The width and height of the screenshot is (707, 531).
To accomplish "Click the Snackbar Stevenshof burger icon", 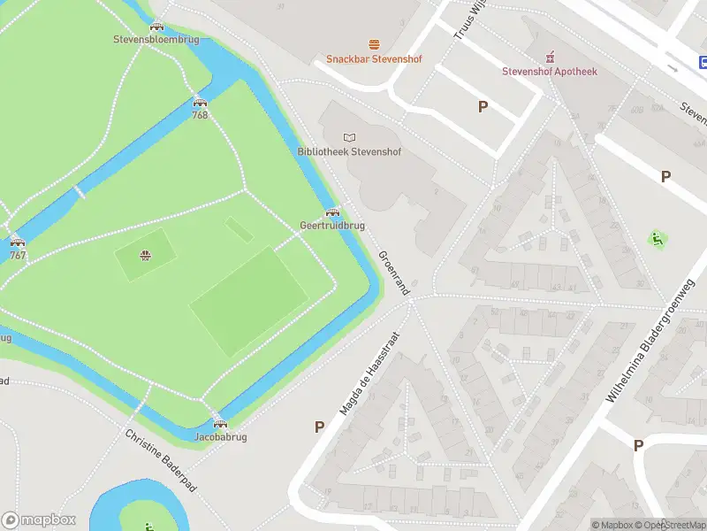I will click(x=374, y=44).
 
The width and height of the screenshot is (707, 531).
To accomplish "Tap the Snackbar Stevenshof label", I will click(x=374, y=59).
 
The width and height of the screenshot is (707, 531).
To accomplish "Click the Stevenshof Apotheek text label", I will click(x=550, y=71).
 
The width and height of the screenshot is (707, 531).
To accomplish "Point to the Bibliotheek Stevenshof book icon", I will click(x=349, y=137).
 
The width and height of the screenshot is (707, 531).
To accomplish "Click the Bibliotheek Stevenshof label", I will click(x=349, y=152).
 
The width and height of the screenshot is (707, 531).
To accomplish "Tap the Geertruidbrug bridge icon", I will click(x=332, y=212).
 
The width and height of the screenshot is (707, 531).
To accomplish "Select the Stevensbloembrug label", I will click(x=156, y=40).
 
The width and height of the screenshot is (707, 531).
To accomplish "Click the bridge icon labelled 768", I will click(x=200, y=102).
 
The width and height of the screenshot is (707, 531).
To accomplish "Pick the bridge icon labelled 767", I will click(x=17, y=242).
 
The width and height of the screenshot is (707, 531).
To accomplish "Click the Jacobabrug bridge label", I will click(x=220, y=437).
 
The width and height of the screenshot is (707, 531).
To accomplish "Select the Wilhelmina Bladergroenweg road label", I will click(x=650, y=341).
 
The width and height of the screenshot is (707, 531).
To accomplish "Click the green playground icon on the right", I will click(x=657, y=239).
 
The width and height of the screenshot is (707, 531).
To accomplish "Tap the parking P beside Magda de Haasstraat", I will click(x=319, y=427).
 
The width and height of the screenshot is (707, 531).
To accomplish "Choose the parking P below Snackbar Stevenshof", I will click(x=483, y=107).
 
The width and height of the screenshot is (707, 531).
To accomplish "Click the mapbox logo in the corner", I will click(x=39, y=520).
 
